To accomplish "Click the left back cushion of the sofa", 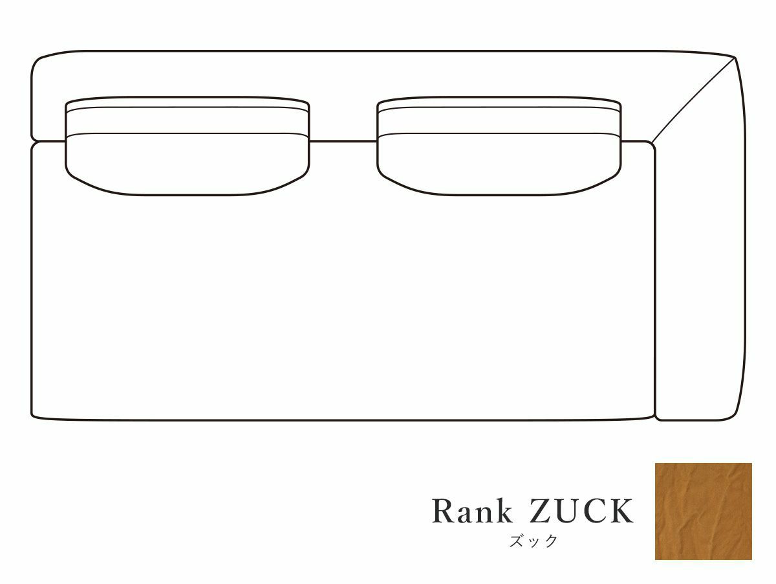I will [187, 159].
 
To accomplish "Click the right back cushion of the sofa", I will [499, 159].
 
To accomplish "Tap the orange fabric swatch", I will [703, 511].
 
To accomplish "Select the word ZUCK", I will [581, 511].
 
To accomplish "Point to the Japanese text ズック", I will [532, 541].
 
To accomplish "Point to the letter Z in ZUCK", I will [540, 511].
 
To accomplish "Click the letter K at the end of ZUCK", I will [621, 511].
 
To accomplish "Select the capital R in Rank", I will [444, 511].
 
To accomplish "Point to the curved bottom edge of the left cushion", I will [187, 194].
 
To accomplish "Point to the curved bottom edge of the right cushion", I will [499, 194].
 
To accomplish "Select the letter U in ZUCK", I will [566, 511].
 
